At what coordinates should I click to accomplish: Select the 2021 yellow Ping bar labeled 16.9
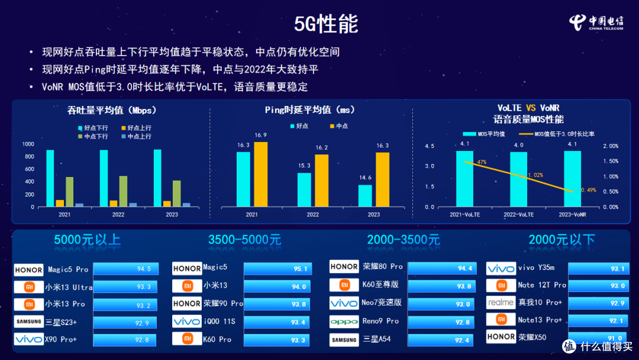click(260, 175)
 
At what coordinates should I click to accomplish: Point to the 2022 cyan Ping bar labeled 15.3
click(304, 189)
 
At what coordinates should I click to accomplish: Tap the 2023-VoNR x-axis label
click(573, 214)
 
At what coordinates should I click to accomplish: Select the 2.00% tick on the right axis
click(610, 146)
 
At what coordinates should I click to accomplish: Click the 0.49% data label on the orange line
click(588, 190)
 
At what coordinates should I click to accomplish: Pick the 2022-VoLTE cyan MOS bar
click(518, 179)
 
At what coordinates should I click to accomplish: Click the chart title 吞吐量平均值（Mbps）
click(112, 110)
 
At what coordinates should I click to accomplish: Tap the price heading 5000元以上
click(87, 240)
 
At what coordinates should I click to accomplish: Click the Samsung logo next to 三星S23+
click(28, 322)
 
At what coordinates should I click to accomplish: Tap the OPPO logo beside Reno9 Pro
click(344, 322)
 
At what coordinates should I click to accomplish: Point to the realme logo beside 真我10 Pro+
click(501, 303)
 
